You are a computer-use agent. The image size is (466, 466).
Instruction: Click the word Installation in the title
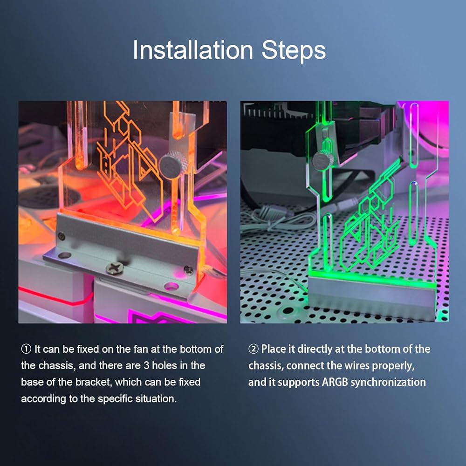tap(192, 50)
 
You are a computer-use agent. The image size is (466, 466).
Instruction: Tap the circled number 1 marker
tap(26, 349)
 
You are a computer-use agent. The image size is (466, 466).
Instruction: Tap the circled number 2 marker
tap(253, 349)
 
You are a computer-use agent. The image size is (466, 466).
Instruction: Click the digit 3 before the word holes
tap(146, 365)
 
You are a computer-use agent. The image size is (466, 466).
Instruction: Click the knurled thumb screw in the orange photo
tap(173, 165)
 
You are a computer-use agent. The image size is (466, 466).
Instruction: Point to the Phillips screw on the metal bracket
tap(114, 269)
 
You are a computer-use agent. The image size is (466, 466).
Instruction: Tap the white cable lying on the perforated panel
tap(279, 220)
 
